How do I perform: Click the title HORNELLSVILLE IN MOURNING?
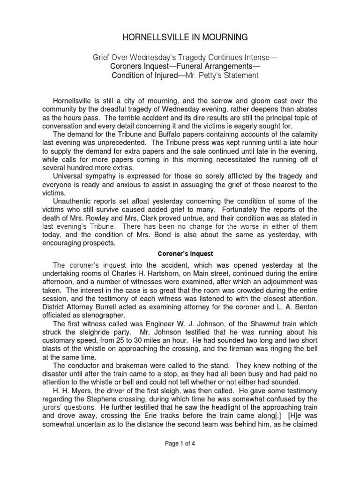click(x=180, y=37)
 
